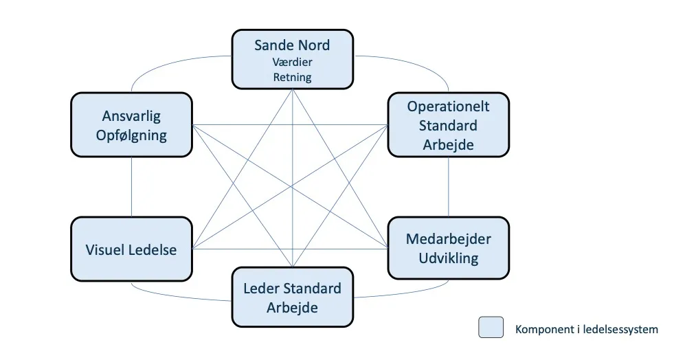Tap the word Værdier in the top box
tap(292, 63)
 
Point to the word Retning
tap(292, 77)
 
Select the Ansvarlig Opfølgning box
tap(131, 125)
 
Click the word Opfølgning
tap(131, 135)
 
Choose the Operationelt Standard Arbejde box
tap(448, 126)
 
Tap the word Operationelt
tap(448, 106)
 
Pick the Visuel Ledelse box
tap(131, 249)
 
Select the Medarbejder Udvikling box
tap(448, 248)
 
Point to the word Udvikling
tap(448, 258)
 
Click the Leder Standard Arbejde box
tap(292, 297)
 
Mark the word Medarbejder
tap(448, 239)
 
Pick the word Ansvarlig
tap(131, 116)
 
